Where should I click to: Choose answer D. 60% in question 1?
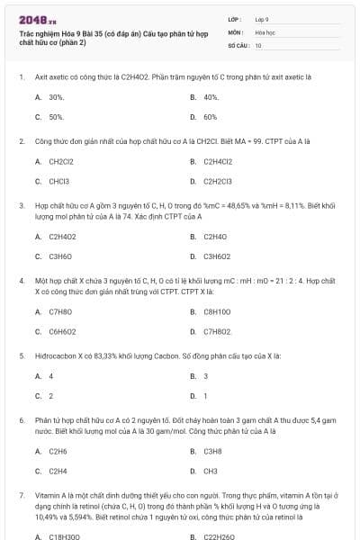[x=210, y=117]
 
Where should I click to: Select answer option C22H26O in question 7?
[x=219, y=536]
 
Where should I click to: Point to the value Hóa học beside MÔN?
[x=264, y=31]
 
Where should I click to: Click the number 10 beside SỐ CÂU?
[x=258, y=44]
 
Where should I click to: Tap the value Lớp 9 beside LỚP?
[x=262, y=19]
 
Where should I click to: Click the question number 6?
[x=22, y=420]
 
